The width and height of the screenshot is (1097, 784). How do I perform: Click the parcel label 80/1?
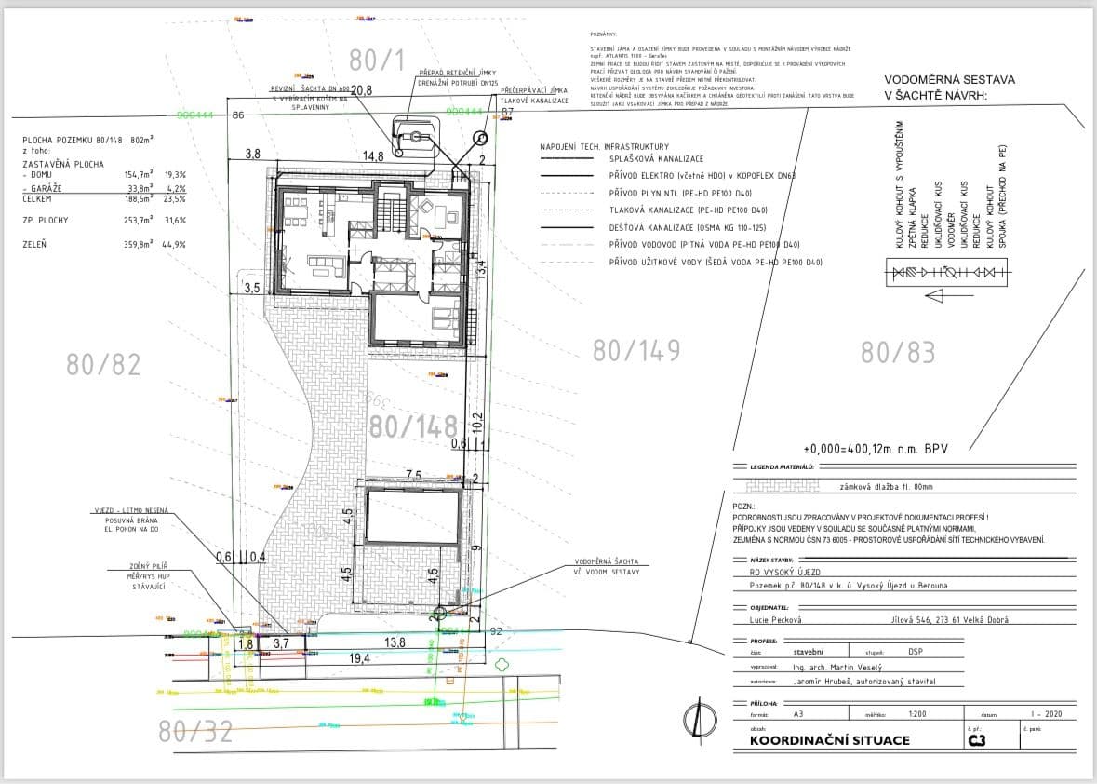point(378,61)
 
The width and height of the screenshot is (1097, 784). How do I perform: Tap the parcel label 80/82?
point(104,364)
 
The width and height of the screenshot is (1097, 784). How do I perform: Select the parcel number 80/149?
point(636,350)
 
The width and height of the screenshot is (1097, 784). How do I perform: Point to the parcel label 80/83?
point(898,352)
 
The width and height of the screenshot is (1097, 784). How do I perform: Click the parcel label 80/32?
point(195,732)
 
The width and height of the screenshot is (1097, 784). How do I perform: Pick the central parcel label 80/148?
point(413,426)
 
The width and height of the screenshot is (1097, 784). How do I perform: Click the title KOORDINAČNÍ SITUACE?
point(830,741)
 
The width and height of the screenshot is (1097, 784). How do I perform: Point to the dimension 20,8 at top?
point(362,90)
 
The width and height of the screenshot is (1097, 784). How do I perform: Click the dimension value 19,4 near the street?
point(359,658)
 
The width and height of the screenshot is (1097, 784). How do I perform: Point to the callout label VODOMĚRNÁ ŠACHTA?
point(607,562)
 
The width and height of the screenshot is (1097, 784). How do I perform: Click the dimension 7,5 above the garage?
point(414,476)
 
